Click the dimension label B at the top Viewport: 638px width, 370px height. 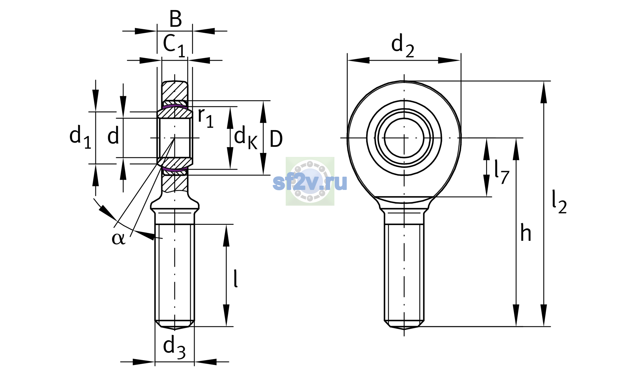point(175,19)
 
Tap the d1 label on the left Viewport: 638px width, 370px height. point(80,137)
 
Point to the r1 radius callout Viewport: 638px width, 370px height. point(206,117)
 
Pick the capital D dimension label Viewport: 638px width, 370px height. point(276,139)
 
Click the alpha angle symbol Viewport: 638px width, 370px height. point(118,238)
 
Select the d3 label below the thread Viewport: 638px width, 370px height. point(174,347)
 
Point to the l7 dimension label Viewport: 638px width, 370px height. point(502,172)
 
